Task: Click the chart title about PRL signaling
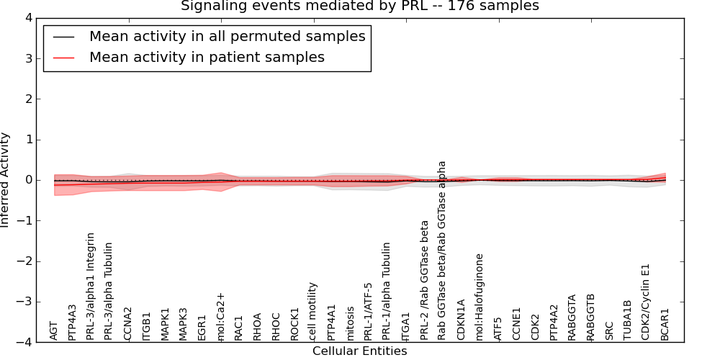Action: click(x=359, y=6)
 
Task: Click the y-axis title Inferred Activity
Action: click(x=6, y=180)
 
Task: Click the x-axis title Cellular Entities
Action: click(x=359, y=351)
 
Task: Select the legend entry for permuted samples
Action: click(x=227, y=36)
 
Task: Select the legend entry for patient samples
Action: click(x=207, y=57)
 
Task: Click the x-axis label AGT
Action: click(x=54, y=330)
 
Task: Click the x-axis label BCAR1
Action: click(x=665, y=324)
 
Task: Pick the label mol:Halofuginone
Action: click(x=480, y=296)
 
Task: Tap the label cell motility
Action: click(x=312, y=310)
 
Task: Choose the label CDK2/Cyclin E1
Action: click(x=647, y=300)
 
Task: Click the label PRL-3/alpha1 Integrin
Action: click(x=91, y=286)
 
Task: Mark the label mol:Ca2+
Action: click(x=220, y=316)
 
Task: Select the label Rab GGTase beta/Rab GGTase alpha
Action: click(x=442, y=250)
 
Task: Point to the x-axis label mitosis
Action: click(x=350, y=323)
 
